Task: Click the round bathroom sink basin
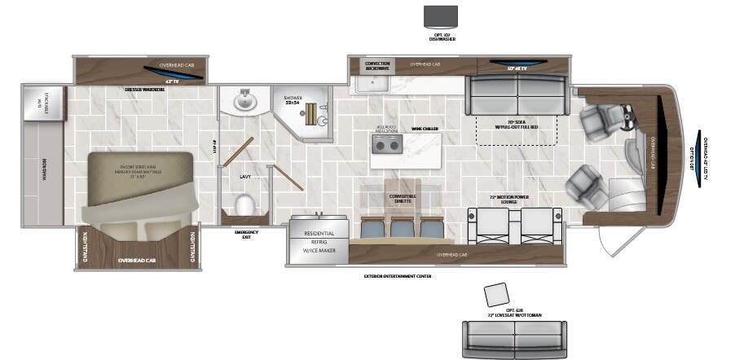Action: click(244, 102)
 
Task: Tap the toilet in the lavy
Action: click(244, 204)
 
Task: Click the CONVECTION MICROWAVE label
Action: click(377, 66)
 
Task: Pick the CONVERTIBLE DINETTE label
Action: click(390, 198)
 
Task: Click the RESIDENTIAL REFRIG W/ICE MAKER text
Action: click(319, 241)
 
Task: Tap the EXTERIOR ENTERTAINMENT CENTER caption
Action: click(398, 276)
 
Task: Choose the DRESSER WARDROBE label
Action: click(145, 90)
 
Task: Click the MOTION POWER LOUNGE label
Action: click(515, 198)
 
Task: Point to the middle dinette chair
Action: click(400, 227)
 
